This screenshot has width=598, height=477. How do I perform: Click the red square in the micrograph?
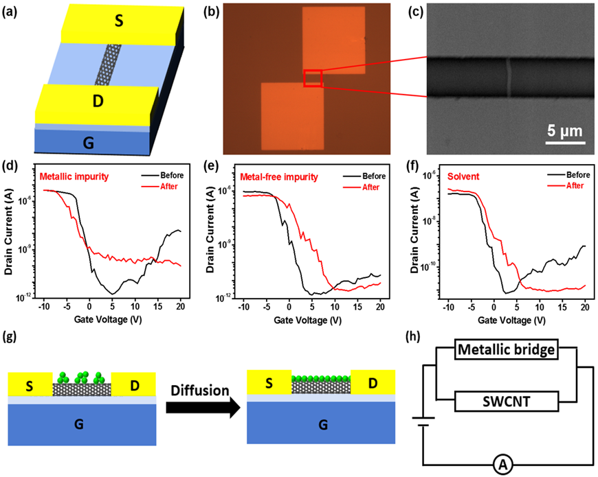[x=313, y=78]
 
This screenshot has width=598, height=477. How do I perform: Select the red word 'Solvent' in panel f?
[x=463, y=176]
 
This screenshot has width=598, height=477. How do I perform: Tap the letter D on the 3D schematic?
[x=89, y=102]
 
